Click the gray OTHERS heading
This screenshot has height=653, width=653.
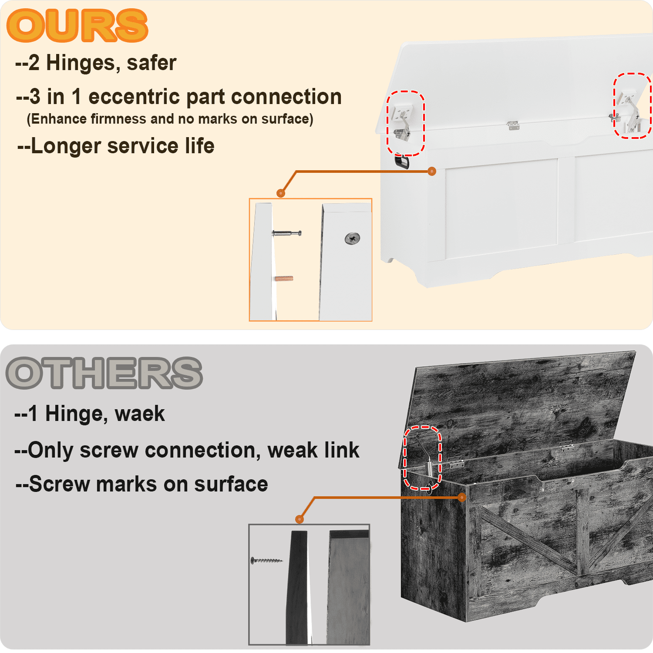coord(104,373)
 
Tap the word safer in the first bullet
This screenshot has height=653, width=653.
coord(151,63)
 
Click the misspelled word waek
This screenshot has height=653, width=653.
coord(140,414)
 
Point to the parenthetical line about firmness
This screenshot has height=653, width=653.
coord(170,119)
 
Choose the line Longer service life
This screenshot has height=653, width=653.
coord(116,146)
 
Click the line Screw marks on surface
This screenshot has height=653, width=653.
coord(141,485)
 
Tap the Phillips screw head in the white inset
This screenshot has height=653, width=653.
coord(352,238)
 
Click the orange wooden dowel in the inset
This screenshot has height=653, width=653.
coord(284,279)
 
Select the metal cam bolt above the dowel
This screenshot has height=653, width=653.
coord(287,233)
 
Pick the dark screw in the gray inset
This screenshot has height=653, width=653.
coord(266,560)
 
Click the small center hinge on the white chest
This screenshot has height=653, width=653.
coord(513,126)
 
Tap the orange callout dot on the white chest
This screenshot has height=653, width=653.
coord(432,172)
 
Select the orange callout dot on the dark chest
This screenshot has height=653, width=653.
coord(462,497)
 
